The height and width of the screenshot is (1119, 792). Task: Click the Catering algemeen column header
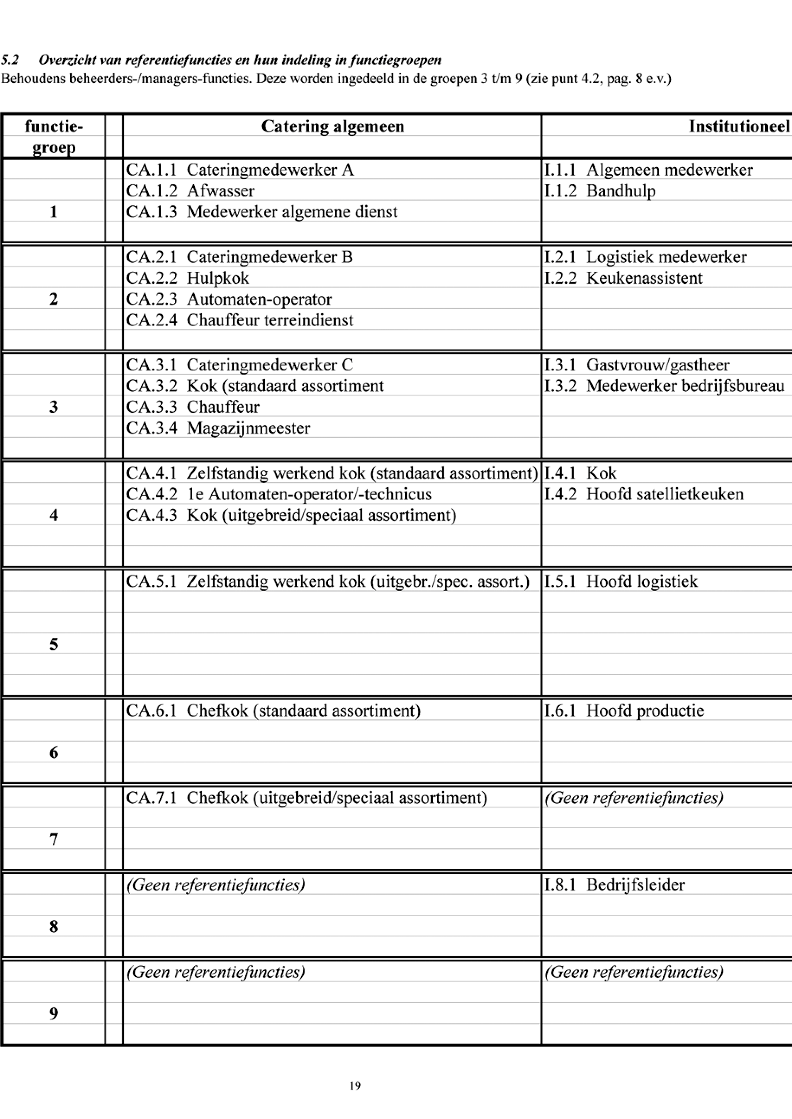333,126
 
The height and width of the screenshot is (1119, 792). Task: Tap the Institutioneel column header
738,126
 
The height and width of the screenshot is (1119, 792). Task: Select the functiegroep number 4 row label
54,515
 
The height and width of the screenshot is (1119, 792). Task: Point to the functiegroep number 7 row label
54,839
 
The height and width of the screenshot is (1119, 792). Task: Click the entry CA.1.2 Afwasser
190,191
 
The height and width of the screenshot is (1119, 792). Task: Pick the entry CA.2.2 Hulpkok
187,278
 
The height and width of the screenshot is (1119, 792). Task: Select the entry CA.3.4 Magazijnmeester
218,428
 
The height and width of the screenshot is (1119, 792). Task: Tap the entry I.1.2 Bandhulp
600,191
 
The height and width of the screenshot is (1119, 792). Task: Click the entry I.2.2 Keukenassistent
623,278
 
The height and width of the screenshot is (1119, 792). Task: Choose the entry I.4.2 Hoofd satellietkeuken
644,494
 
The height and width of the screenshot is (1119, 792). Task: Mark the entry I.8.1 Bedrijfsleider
615,884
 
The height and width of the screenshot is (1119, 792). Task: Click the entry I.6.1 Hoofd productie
624,711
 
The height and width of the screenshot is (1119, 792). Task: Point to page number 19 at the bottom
355,1085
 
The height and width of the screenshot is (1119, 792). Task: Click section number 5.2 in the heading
10,60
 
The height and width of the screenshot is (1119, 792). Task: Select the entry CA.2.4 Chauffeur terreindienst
239,320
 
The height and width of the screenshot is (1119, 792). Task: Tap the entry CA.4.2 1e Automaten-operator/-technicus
279,494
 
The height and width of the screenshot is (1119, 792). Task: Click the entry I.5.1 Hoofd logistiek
621,581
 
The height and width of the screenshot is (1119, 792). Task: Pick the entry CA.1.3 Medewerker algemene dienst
262,212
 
